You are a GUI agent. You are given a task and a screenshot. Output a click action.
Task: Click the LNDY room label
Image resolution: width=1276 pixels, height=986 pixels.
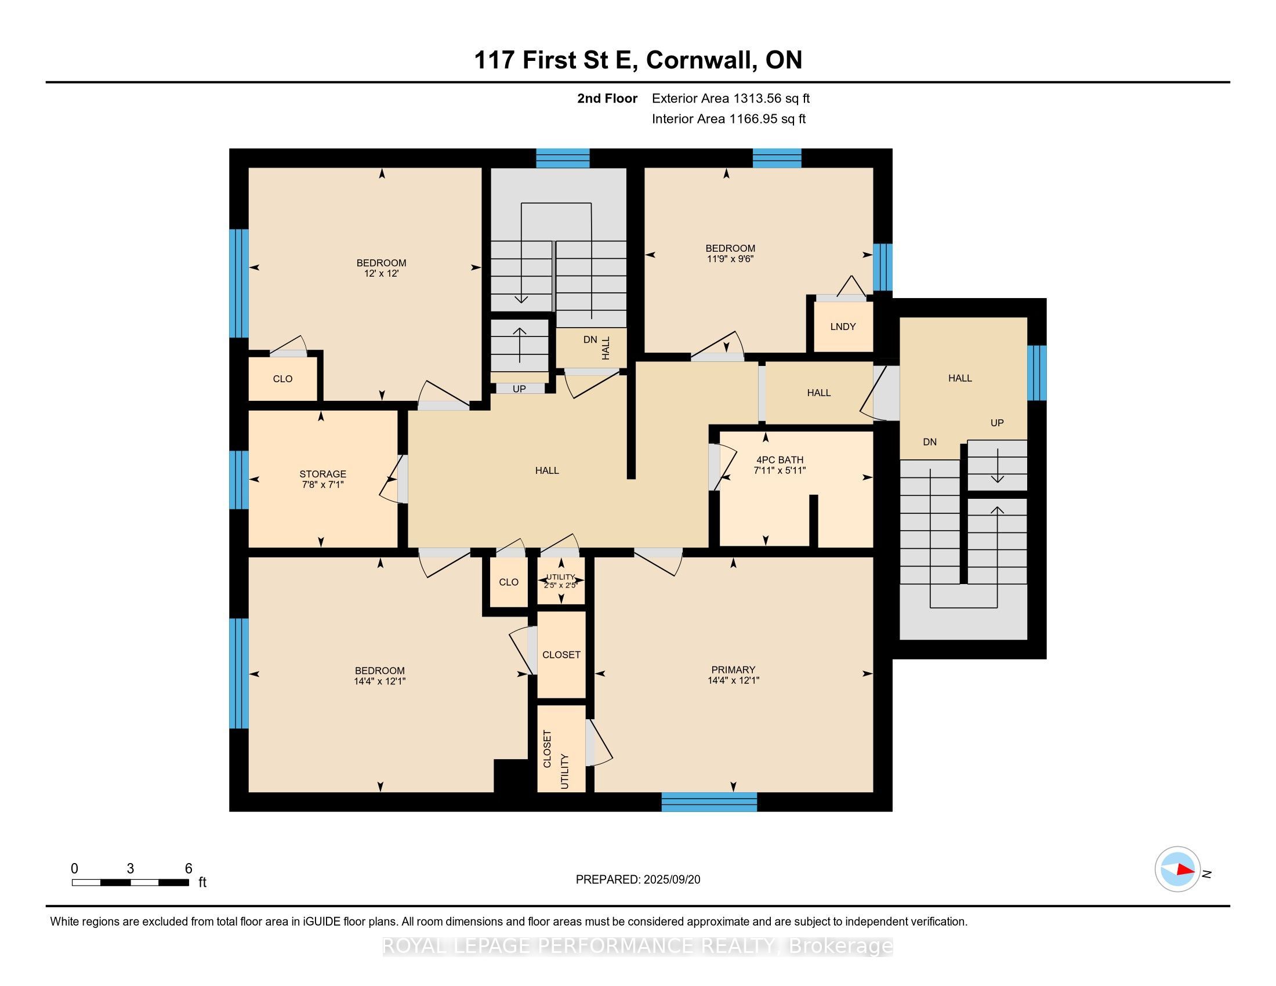click(843, 327)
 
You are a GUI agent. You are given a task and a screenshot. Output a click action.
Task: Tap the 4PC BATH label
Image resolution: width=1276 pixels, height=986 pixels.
click(780, 460)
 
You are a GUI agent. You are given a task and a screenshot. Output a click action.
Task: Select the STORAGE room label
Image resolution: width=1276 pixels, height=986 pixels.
click(322, 474)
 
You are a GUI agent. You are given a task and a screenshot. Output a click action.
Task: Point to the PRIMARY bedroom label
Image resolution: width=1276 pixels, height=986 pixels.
click(733, 669)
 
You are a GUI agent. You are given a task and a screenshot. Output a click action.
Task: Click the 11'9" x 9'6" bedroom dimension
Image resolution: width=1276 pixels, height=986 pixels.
click(730, 258)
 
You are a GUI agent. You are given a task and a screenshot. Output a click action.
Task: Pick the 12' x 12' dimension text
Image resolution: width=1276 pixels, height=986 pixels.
click(381, 273)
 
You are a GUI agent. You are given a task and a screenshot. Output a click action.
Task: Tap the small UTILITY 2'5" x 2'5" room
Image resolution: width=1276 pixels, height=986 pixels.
click(561, 581)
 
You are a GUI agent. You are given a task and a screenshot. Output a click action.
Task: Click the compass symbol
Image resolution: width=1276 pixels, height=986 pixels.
click(1177, 869)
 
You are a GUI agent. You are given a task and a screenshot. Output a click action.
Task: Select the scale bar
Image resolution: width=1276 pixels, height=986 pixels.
click(130, 882)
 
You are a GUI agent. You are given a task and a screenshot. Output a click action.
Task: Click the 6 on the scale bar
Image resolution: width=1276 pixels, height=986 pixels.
click(188, 868)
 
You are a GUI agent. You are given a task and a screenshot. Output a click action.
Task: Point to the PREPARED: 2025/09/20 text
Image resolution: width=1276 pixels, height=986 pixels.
click(637, 879)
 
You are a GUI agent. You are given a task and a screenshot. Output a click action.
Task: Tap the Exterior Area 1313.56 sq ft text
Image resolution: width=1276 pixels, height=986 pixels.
click(731, 98)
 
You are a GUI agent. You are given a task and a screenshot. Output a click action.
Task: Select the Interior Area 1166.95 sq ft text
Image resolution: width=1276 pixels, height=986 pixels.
click(728, 118)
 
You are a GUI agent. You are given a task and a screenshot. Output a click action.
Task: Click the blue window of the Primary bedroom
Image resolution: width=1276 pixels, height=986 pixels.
click(709, 802)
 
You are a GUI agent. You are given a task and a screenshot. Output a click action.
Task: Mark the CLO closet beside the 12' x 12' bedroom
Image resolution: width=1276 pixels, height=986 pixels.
click(283, 379)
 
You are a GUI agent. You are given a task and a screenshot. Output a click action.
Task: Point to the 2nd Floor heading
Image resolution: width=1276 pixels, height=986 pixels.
click(607, 98)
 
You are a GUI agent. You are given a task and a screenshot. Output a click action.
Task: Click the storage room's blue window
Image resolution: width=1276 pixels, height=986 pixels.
click(239, 480)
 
